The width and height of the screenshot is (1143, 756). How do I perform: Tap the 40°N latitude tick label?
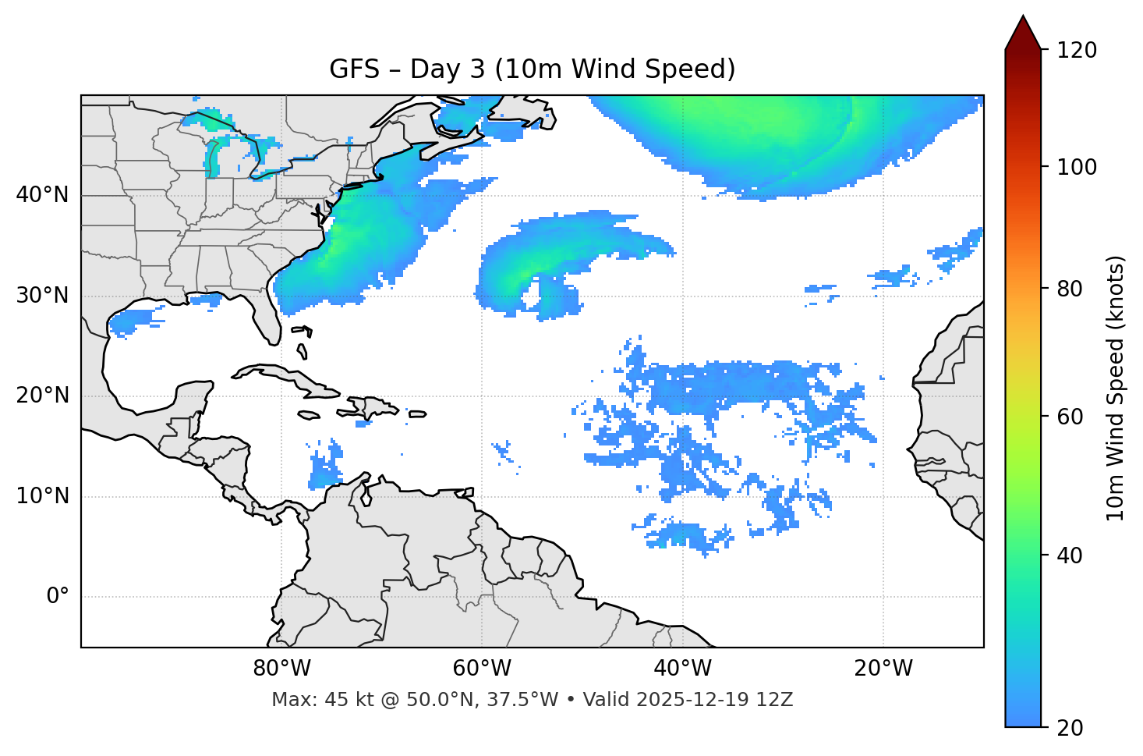[x=42, y=195]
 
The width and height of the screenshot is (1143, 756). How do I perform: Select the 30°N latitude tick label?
[x=42, y=296]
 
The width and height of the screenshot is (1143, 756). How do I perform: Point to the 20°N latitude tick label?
[x=42, y=396]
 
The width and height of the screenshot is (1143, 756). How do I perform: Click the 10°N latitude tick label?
[x=42, y=496]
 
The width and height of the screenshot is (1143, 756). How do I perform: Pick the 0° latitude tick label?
[x=58, y=597]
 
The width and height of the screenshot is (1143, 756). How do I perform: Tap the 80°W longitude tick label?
[x=281, y=669]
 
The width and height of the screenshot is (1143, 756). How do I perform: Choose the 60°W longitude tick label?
[x=482, y=669]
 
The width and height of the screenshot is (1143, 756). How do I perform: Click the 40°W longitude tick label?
[x=682, y=669]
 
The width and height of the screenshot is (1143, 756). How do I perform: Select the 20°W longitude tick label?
[x=883, y=669]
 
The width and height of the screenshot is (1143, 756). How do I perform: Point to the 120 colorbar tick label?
[x=1076, y=51]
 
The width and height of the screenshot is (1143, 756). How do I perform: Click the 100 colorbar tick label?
[x=1076, y=167]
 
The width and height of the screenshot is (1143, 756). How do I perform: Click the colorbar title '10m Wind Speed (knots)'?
[x=1116, y=388]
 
